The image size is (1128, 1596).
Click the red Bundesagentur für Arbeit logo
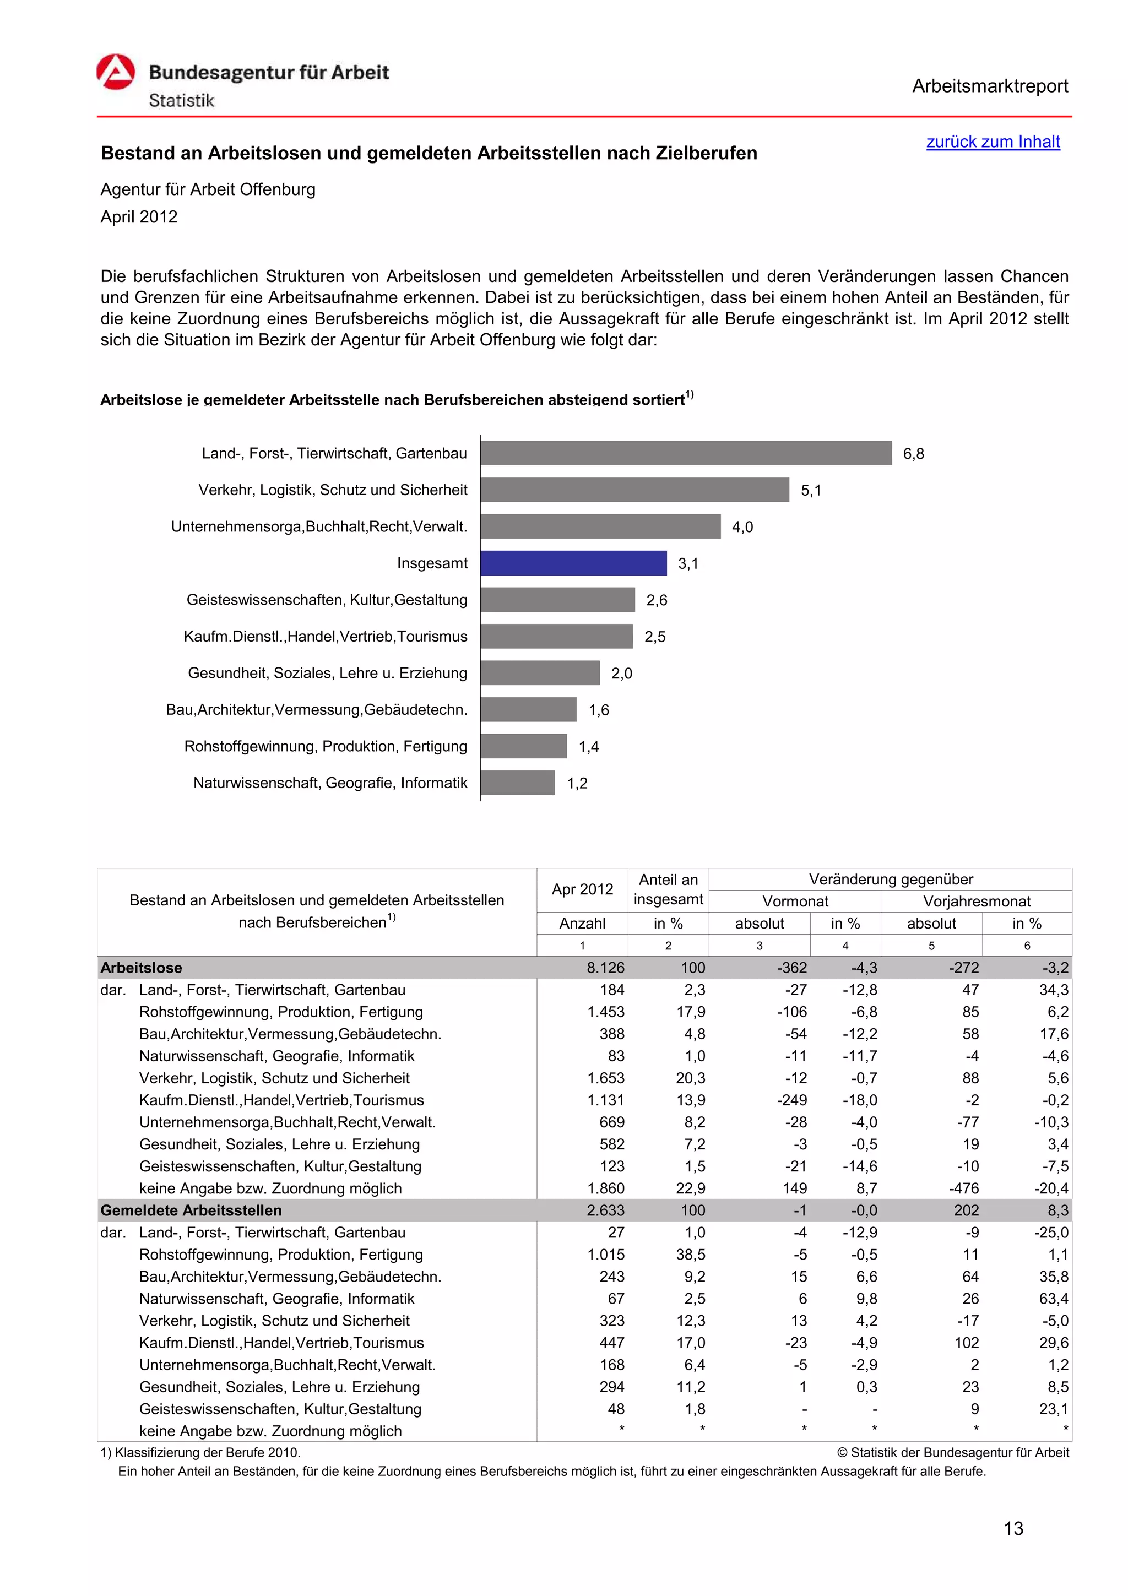[115, 72]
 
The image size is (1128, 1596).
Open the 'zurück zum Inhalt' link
[993, 142]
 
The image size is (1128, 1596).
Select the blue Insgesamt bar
[573, 563]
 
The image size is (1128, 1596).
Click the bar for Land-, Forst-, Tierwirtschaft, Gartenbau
[685, 453]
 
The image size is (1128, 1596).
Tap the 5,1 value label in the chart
[810, 491]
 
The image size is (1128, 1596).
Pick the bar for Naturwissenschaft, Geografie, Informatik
[517, 783]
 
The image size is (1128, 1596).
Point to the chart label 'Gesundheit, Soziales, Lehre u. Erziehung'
[327, 673]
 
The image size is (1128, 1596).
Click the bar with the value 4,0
[600, 526]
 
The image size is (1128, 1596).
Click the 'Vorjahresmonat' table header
[976, 902]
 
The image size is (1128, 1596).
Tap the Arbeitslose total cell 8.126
[605, 968]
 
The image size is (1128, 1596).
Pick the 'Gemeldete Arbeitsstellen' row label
[191, 1210]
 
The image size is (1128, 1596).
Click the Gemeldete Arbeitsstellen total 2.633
[605, 1210]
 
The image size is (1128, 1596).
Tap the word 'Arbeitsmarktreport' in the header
[990, 86]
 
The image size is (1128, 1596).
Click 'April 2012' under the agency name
[139, 217]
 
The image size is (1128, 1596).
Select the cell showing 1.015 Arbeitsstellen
[605, 1255]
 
